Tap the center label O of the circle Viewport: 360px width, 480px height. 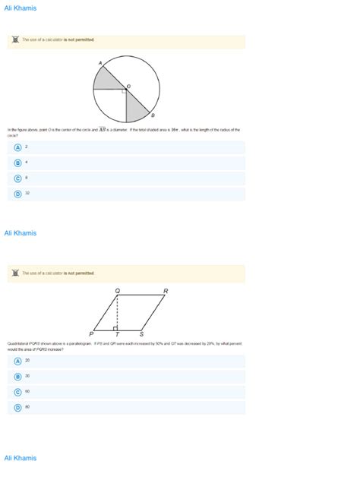(x=129, y=86)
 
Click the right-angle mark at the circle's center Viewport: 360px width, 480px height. (x=124, y=90)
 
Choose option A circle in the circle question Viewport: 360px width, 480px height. (x=17, y=147)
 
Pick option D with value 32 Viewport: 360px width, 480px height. (x=17, y=194)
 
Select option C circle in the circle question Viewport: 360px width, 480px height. (x=17, y=178)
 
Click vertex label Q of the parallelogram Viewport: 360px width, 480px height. (x=117, y=290)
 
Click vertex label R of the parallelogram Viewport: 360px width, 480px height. (x=166, y=290)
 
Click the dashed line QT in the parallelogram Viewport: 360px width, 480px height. (x=117, y=311)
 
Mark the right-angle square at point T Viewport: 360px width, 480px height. (x=115, y=327)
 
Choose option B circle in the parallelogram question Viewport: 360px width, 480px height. (x=17, y=376)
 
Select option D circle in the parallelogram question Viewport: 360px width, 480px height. (x=17, y=407)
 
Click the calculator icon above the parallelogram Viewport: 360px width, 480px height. (x=15, y=273)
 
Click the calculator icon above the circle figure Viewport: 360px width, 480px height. (x=15, y=39)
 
